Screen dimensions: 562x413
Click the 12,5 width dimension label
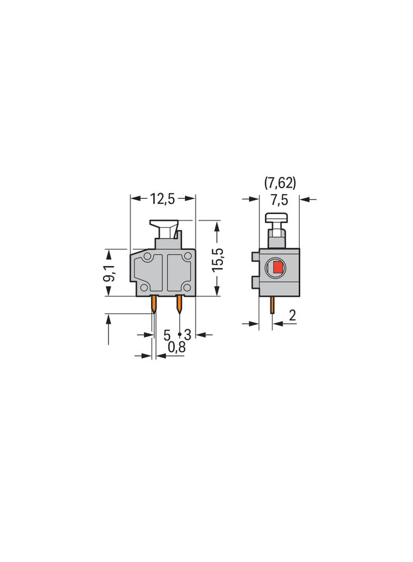163,199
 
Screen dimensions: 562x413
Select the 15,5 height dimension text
218,259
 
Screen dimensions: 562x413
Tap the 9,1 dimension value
111,273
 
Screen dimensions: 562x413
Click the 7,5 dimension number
279,199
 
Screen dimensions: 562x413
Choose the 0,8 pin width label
176,347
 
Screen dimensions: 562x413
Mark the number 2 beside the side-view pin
292,316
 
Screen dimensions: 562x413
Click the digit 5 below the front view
167,335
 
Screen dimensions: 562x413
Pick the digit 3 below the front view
187,335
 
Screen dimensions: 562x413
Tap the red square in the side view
278,268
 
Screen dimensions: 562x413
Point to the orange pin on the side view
272,305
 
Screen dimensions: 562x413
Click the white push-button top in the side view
276,218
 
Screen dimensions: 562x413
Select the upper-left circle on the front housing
147,257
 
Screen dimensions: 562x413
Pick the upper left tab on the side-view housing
255,257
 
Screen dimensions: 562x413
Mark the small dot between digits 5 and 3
180,334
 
